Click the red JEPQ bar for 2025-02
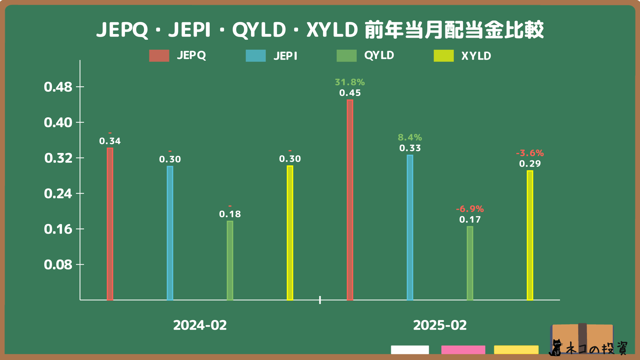pyautogui.click(x=350, y=200)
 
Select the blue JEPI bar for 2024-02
pyautogui.click(x=170, y=233)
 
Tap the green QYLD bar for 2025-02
pyautogui.click(x=470, y=263)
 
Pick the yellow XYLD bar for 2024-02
pyautogui.click(x=290, y=233)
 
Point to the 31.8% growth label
pyautogui.click(x=350, y=82)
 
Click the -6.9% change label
pyautogui.click(x=470, y=209)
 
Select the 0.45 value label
pyautogui.click(x=350, y=93)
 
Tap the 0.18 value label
pyautogui.click(x=230, y=214)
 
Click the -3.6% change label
pyautogui.click(x=530, y=153)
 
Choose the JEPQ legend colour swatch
pyautogui.click(x=159, y=56)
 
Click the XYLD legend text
pyautogui.click(x=476, y=56)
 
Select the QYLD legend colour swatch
pyautogui.click(x=346, y=56)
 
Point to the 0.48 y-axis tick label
pyautogui.click(x=58, y=87)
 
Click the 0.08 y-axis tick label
pyautogui.click(x=58, y=265)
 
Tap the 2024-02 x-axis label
pyautogui.click(x=200, y=325)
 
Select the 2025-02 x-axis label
pyautogui.click(x=440, y=325)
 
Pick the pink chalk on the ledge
pyautogui.click(x=463, y=350)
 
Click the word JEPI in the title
pyautogui.click(x=189, y=30)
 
